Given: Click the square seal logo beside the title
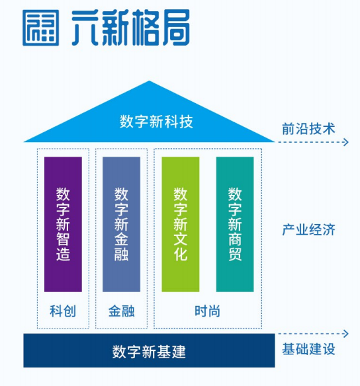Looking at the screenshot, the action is (40, 28).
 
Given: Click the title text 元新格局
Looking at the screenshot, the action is (131, 28).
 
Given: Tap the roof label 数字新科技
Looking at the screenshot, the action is (156, 122).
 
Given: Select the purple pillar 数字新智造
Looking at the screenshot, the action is (63, 224).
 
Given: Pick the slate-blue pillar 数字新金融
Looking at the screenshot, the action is (122, 224).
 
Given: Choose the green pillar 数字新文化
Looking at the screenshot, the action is (181, 224).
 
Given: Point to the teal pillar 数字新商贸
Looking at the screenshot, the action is (235, 224).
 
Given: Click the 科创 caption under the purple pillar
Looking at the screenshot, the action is (63, 311).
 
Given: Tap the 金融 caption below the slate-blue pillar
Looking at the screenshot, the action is (122, 311).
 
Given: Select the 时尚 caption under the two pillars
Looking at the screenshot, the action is (208, 311).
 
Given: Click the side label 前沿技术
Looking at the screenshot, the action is (308, 129).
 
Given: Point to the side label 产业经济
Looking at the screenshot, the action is (308, 229).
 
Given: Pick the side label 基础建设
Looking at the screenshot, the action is (308, 349).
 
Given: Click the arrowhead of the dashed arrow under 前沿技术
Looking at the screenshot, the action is (346, 142).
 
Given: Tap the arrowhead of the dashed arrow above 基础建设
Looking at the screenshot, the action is (346, 334).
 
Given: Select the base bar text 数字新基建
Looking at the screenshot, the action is (149, 352).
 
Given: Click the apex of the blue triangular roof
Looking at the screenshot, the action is (149, 81).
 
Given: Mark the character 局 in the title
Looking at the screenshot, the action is (175, 28).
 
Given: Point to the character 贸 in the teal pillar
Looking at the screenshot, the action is (235, 254).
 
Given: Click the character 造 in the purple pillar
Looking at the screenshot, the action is (63, 254).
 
